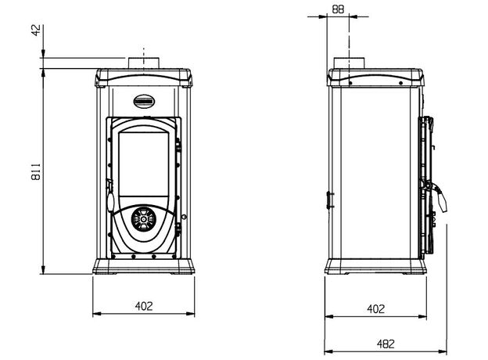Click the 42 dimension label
37,31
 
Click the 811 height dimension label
36,171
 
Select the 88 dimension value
338,9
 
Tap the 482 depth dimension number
386,344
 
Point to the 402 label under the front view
144,306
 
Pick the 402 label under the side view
375,309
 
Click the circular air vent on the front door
143,219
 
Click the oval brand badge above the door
145,101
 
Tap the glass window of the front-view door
144,164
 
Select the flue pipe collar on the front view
144,63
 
